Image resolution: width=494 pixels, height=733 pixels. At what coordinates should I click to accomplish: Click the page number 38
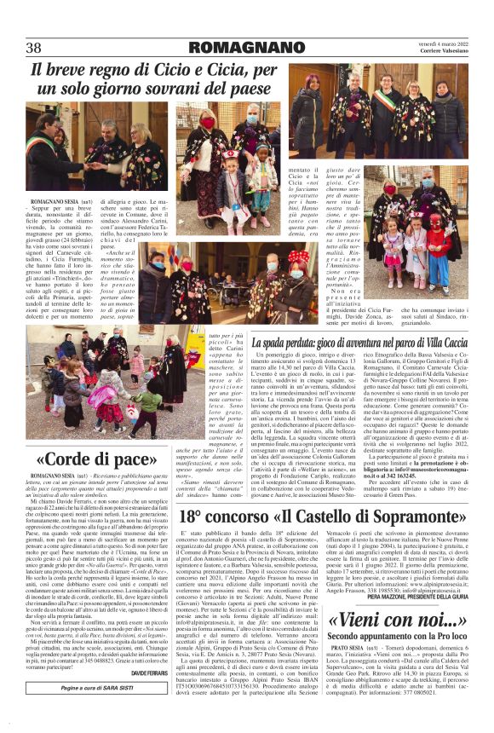[35, 47]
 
